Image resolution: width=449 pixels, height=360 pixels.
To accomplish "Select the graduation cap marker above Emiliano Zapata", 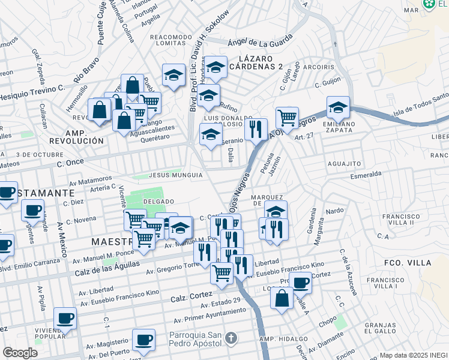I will point(338,108).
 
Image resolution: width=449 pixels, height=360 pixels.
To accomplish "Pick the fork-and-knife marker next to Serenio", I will point(256,128).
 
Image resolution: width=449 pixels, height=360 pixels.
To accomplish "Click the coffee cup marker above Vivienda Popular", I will point(65,318).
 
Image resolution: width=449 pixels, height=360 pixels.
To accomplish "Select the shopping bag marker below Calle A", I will point(282,298).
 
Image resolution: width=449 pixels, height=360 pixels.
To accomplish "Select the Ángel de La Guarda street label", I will point(260,41).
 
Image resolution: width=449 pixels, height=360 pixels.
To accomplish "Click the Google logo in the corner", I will point(20,353).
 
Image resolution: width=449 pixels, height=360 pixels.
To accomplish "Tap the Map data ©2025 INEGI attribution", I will point(414,355).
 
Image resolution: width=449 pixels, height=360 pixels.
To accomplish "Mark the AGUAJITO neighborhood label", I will point(344,163).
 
